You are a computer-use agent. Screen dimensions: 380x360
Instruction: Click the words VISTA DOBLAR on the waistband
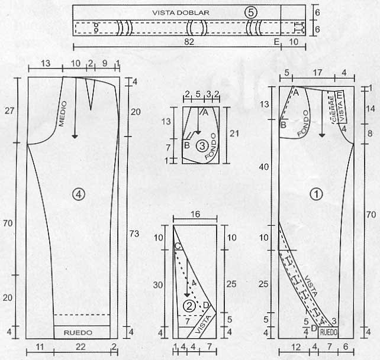coord(181,12)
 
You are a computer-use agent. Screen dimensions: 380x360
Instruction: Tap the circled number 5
coord(252,12)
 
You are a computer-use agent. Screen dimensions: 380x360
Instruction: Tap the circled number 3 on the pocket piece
coord(201,144)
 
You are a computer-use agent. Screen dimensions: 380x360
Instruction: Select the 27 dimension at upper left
coord(8,110)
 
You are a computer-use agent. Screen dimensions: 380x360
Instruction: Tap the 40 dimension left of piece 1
coord(265,167)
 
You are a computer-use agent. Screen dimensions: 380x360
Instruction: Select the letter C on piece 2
coord(177,246)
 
